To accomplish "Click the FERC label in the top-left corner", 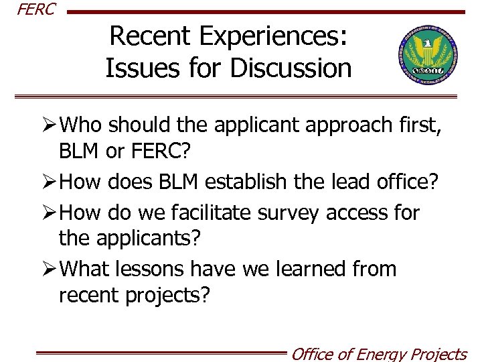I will click(27, 10).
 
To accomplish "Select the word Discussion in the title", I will click(288, 68).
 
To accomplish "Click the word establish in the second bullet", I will click(251, 182).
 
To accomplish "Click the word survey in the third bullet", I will click(292, 213).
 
